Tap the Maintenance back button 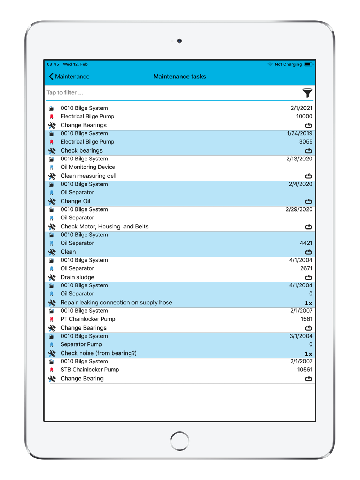69,77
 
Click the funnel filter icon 307,93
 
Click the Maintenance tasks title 180,77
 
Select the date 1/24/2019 300,133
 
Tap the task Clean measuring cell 88,176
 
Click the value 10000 304,117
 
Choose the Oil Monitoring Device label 88,167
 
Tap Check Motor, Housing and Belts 104,227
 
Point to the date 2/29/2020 299,209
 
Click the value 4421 306,243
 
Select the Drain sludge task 77,277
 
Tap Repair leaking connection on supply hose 116,303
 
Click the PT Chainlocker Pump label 88,319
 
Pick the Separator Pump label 81,344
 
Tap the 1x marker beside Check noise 309,354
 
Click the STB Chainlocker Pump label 90,370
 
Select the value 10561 305,370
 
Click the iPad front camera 180,41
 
